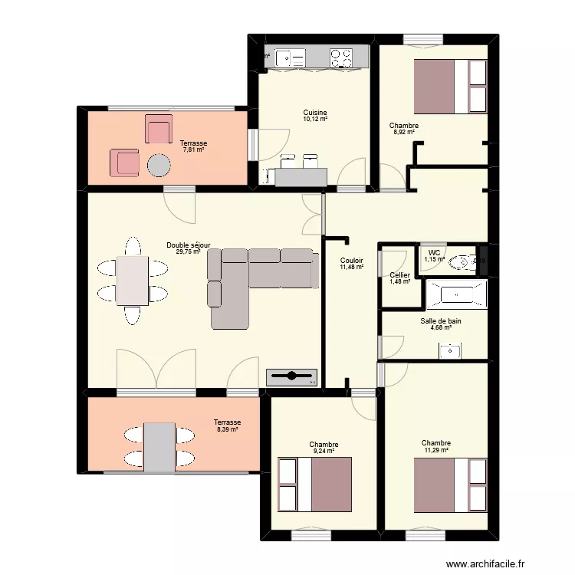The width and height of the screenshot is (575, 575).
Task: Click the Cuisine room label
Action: click(315, 113)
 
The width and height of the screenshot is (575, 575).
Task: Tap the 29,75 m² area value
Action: click(188, 251)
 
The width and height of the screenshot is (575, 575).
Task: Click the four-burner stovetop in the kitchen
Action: click(341, 56)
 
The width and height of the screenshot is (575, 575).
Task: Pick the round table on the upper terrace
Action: click(159, 165)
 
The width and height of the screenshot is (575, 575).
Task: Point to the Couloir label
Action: click(351, 261)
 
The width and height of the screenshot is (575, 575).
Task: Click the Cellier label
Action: click(399, 275)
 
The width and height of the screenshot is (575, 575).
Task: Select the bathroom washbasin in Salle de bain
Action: click(449, 352)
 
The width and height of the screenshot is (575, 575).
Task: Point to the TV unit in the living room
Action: click(291, 376)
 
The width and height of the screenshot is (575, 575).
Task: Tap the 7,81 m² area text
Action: click(193, 149)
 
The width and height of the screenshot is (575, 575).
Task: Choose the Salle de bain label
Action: click(440, 321)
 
